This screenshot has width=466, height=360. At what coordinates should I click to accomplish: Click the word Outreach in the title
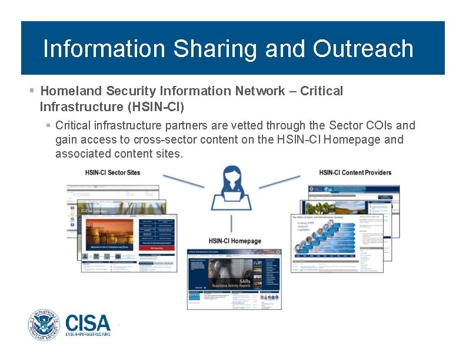click(x=363, y=49)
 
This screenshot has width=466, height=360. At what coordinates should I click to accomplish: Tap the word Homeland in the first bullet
click(x=71, y=91)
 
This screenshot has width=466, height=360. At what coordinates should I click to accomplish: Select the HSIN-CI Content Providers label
click(x=355, y=172)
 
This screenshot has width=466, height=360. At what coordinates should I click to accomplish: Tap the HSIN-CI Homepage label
click(x=235, y=241)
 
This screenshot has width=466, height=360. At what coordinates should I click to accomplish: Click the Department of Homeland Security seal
click(x=44, y=325)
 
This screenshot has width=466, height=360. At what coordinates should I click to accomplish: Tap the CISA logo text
click(x=88, y=323)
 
